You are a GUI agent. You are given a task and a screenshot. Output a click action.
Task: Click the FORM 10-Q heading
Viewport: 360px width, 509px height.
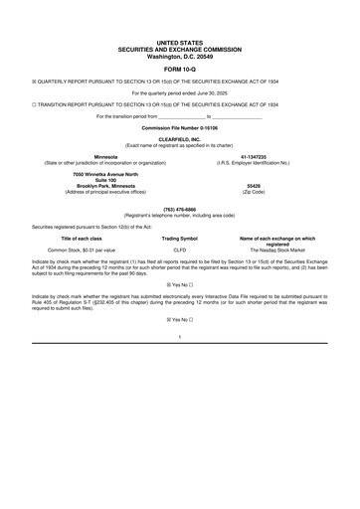coord(179,70)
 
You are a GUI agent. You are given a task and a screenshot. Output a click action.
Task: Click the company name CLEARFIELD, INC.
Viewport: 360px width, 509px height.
coord(179,139)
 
